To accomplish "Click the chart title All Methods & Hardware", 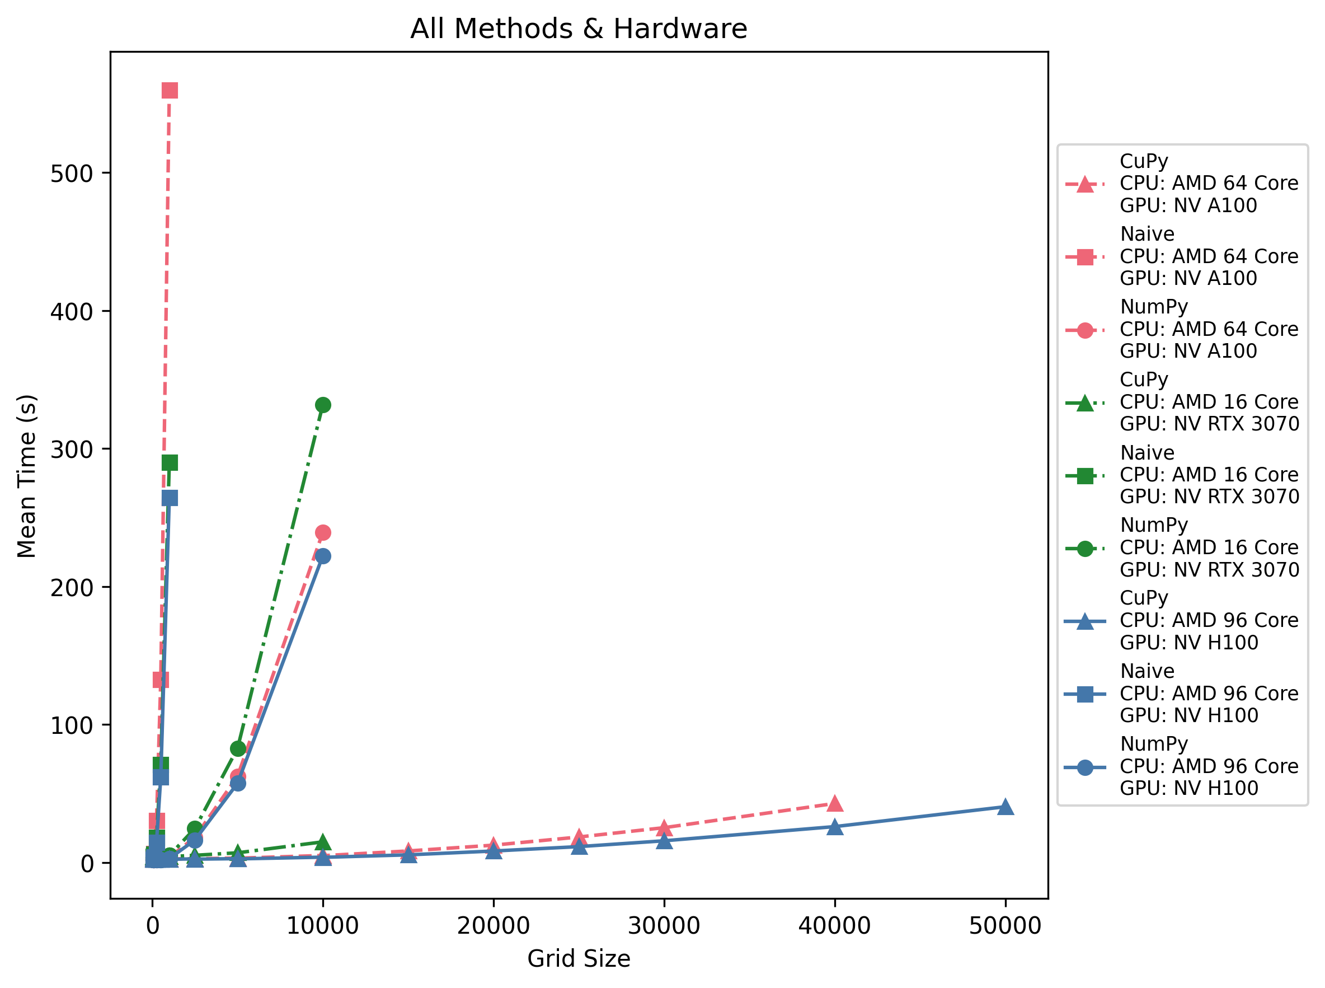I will point(578,29).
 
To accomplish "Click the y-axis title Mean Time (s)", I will point(27,475).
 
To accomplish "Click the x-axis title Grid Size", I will point(578,958).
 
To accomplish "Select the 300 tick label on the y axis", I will point(72,449).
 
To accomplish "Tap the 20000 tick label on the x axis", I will point(493,925).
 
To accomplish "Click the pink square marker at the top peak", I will point(170,90).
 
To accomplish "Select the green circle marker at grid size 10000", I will point(323,405).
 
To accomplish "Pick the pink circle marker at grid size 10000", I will point(323,532).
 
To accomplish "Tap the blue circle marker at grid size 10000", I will point(323,556).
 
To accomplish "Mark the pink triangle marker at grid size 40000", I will point(834,803).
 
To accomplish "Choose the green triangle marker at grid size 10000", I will point(323,842).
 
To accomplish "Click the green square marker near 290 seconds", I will point(170,463).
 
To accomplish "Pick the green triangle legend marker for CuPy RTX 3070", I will point(1085,403).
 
